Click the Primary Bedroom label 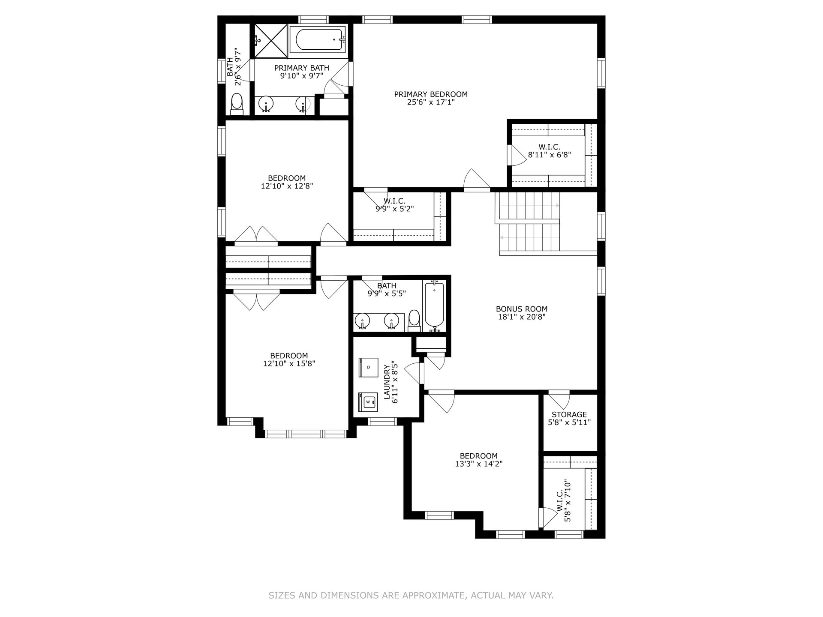point(431,94)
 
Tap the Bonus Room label point(522,309)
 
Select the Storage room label point(569,414)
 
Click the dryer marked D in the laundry point(368,367)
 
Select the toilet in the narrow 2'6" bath point(237,104)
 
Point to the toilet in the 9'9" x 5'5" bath point(414,321)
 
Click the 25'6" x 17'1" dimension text point(431,102)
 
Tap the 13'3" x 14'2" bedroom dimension point(479,464)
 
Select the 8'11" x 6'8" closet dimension point(550,155)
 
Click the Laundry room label point(387,383)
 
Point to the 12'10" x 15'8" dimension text point(289,363)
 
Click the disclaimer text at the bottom point(411,595)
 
